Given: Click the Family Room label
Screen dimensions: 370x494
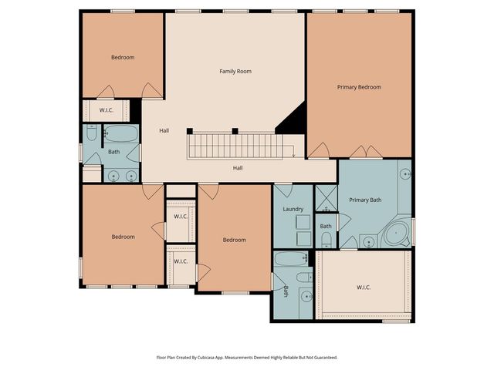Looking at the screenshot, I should (235, 72).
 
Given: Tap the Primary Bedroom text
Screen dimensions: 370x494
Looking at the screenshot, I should (359, 87).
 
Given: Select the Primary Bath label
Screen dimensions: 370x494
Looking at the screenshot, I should (365, 200).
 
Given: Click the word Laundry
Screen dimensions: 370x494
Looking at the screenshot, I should (293, 209).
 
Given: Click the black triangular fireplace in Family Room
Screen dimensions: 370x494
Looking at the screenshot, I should (294, 120).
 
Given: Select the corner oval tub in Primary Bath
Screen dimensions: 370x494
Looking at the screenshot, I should (398, 233).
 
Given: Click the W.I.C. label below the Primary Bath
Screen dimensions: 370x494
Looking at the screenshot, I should (364, 287).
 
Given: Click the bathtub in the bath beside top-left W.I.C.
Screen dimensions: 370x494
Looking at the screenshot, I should (120, 133).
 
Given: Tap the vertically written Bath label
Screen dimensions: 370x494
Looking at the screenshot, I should (286, 291).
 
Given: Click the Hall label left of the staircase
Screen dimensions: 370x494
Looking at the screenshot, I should (164, 130).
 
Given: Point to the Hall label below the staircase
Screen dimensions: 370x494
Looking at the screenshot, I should (239, 167).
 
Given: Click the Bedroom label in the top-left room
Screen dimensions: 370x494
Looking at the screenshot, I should (122, 58).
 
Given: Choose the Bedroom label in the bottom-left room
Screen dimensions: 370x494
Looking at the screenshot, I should (122, 237).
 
